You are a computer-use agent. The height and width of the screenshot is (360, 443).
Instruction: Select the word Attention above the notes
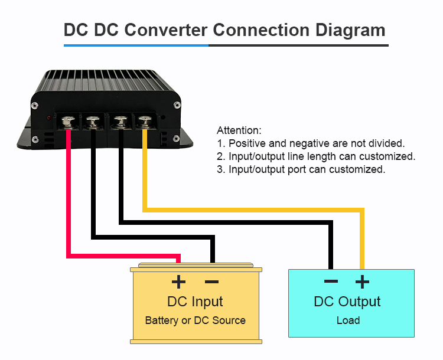pos(239,130)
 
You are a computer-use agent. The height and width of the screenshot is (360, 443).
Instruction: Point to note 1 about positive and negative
pos(311,143)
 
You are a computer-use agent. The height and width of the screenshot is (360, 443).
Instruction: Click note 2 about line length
pos(316,156)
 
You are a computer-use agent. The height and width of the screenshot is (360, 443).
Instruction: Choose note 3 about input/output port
pos(301,169)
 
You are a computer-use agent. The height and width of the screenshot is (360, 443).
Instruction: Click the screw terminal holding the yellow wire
pos(144,122)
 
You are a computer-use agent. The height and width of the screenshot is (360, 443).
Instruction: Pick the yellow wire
pos(254,210)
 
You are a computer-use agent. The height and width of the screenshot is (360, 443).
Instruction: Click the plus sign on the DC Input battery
pos(178,282)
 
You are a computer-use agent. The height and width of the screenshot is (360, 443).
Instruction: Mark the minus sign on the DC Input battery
pos(211,282)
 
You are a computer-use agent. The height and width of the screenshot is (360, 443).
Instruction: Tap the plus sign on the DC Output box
pos(362,282)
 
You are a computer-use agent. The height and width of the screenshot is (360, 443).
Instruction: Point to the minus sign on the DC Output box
pos(331,282)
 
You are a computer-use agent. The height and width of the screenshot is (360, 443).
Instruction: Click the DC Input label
pos(195,302)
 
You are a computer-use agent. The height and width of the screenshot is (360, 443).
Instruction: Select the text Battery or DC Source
pos(195,320)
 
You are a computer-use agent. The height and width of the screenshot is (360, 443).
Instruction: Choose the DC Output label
pos(347,302)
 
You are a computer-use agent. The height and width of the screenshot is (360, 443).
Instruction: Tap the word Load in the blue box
pos(348,320)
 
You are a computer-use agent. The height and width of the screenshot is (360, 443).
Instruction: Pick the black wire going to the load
pos(224,223)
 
